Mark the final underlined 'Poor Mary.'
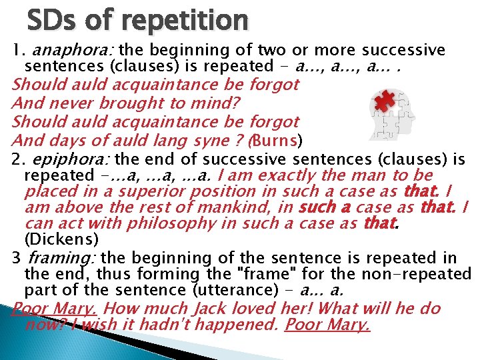click(327, 325)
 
